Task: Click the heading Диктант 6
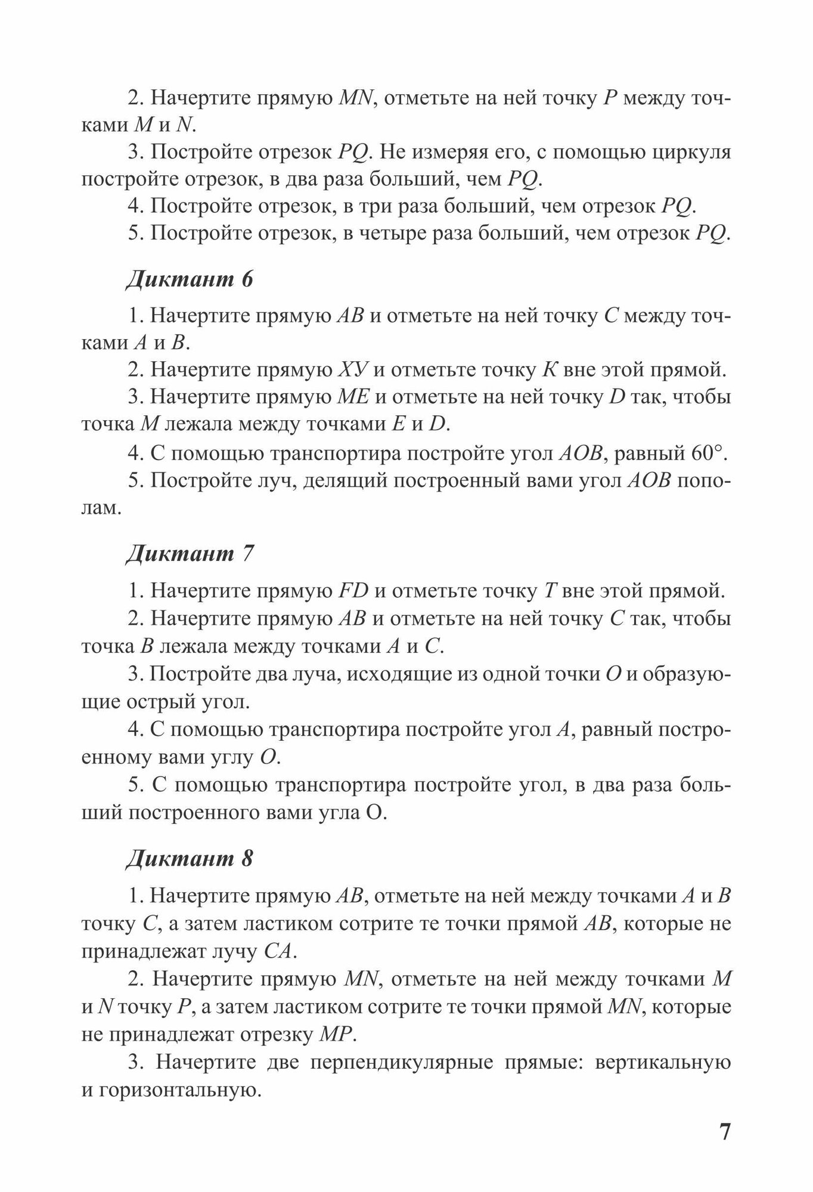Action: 190,280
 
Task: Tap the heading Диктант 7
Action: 190,554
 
